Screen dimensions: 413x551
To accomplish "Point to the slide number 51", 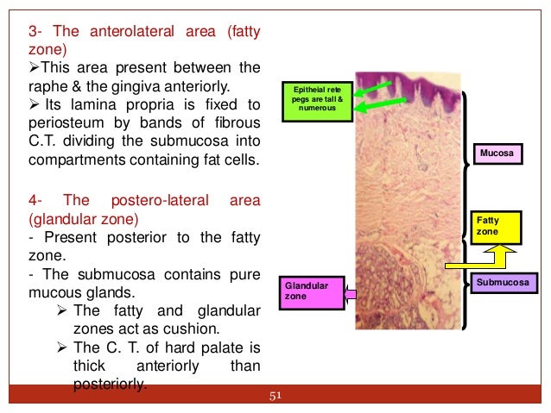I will (x=276, y=396).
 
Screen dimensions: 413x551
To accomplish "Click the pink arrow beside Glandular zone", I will (x=351, y=297).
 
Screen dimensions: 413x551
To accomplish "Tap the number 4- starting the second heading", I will (x=38, y=200).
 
